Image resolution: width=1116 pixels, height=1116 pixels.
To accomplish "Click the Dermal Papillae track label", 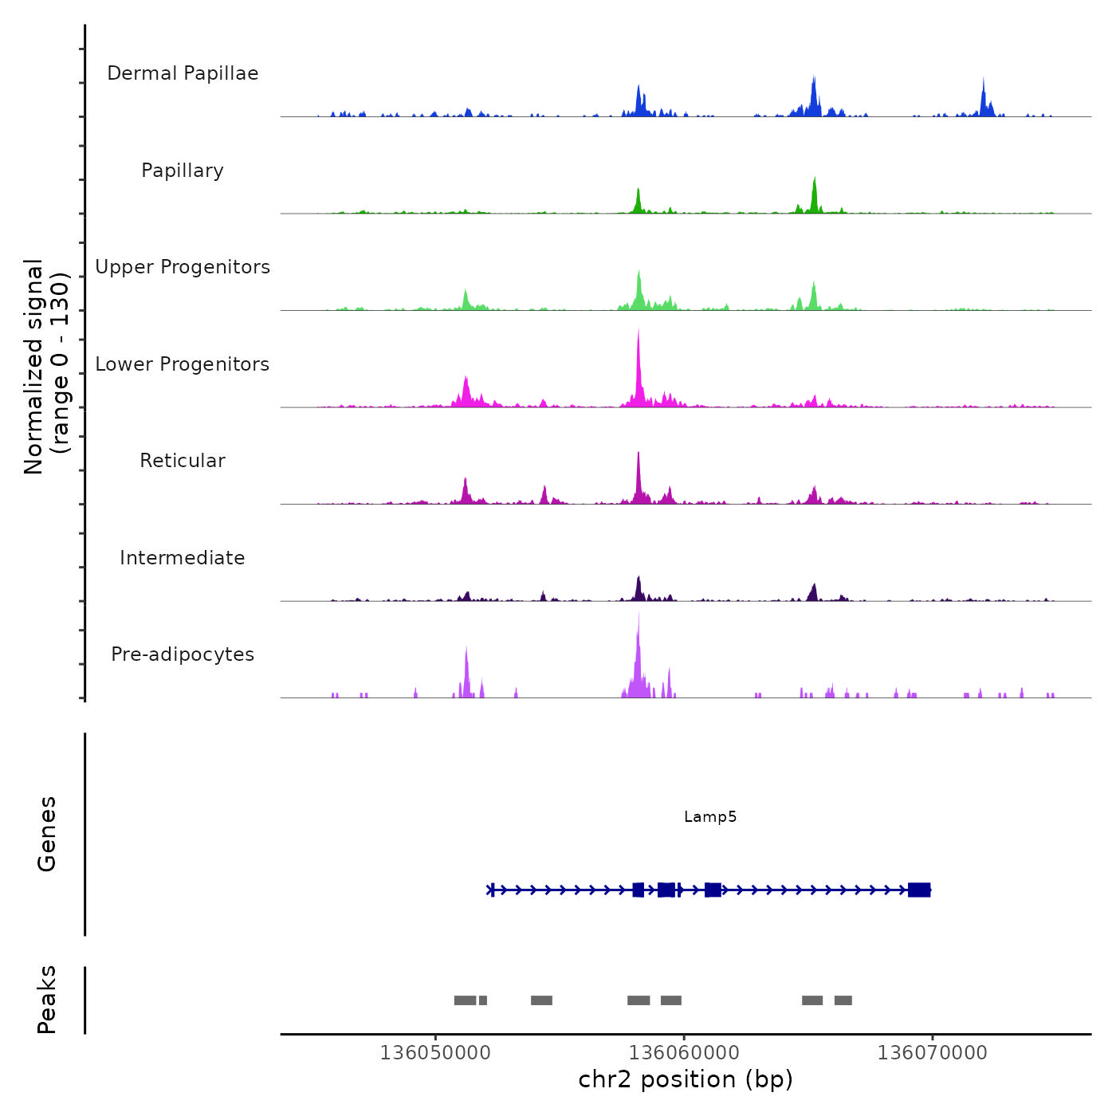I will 183,73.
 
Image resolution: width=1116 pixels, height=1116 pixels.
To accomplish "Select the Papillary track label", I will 183,171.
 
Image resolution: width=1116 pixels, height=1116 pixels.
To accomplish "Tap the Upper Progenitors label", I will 183,267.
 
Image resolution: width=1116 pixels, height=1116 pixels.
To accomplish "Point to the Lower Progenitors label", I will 183,364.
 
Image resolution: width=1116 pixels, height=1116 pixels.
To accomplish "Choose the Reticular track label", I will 183,461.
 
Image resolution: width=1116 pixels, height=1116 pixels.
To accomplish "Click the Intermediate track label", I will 183,558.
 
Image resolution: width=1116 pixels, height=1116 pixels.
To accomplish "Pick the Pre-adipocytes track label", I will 183,654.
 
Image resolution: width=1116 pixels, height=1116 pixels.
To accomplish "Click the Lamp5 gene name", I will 710,817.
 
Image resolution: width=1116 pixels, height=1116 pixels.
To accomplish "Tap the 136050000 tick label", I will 435,1053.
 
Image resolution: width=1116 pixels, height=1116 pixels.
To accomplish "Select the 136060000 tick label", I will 684,1053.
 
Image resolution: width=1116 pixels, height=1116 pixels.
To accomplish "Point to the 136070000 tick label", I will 932,1053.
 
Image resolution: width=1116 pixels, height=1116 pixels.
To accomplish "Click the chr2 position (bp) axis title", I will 686,1079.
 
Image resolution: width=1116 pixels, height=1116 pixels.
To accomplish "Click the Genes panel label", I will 47,834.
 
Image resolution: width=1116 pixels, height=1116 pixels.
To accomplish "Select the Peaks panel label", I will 47,1000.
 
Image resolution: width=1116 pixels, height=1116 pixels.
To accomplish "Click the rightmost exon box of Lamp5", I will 919,890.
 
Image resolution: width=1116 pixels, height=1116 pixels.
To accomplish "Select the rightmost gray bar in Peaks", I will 843,1000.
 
